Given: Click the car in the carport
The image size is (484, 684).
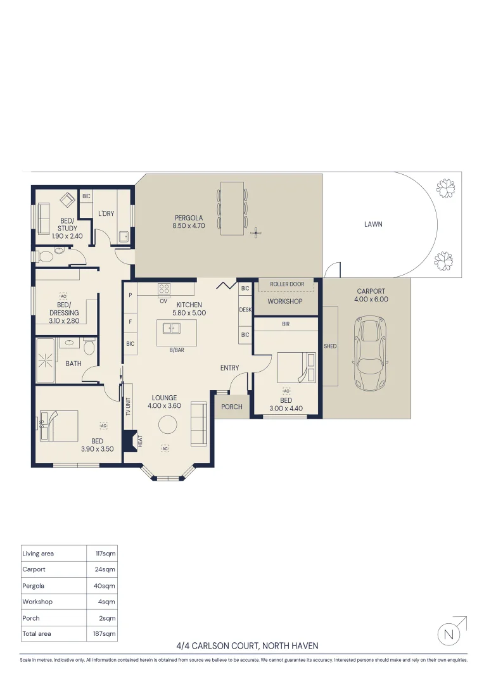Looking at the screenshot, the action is (370, 353).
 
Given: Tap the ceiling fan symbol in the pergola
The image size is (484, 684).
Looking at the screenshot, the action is (256, 233).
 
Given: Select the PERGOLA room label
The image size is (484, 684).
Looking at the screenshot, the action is (189, 218).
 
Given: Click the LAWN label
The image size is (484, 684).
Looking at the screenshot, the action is (373, 224).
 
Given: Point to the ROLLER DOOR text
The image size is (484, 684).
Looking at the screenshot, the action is (287, 284).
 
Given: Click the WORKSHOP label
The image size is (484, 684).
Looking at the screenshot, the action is (285, 301).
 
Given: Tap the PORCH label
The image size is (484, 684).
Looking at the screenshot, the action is (232, 407).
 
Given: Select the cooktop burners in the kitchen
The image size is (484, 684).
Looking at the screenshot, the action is (164, 289).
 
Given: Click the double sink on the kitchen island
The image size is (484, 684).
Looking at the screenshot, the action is (172, 327).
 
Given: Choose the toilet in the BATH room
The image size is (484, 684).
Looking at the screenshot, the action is (89, 346).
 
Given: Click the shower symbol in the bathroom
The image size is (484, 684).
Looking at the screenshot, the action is (45, 360).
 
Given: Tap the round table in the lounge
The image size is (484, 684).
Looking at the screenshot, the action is (168, 425).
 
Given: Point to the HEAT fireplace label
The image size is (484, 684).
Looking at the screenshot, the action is (140, 441).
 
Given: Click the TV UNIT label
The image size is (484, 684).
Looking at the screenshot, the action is (129, 407).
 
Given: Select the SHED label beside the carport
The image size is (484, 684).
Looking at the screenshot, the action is (330, 346).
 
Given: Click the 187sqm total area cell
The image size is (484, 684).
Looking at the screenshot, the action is (105, 634).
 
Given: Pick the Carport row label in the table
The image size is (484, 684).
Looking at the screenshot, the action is (34, 569).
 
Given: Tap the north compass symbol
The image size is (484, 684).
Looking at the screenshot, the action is (449, 635).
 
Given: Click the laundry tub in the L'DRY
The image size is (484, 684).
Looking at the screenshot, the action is (124, 237).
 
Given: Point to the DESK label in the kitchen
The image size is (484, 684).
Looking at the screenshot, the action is (245, 310).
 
